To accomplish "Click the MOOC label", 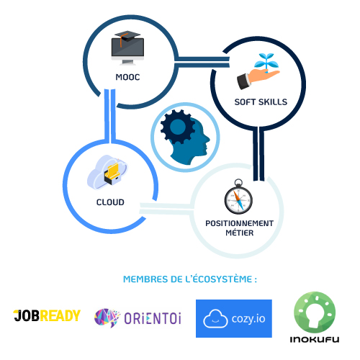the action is (x=127, y=77).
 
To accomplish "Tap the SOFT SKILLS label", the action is (x=261, y=102).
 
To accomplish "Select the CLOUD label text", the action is (x=110, y=202).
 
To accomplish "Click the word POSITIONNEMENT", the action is (x=239, y=223).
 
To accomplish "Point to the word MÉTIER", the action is (x=240, y=233).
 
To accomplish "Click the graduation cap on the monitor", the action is (x=127, y=37).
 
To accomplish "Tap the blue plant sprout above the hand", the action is (x=266, y=62).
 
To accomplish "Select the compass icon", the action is (x=238, y=197).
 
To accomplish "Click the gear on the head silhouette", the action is (x=178, y=127).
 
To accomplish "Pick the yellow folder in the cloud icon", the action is (x=113, y=170).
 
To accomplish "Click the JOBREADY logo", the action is (x=47, y=315).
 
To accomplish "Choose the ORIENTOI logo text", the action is (x=153, y=318).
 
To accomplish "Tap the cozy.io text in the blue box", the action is (x=248, y=318).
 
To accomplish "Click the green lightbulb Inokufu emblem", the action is (x=315, y=312).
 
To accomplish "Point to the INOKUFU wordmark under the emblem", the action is (x=315, y=339).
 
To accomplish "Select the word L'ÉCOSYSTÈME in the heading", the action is (x=219, y=279).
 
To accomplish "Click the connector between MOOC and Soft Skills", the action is (x=202, y=62).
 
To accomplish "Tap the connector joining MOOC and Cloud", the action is (x=110, y=115).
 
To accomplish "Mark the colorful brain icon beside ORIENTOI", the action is (x=107, y=318).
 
